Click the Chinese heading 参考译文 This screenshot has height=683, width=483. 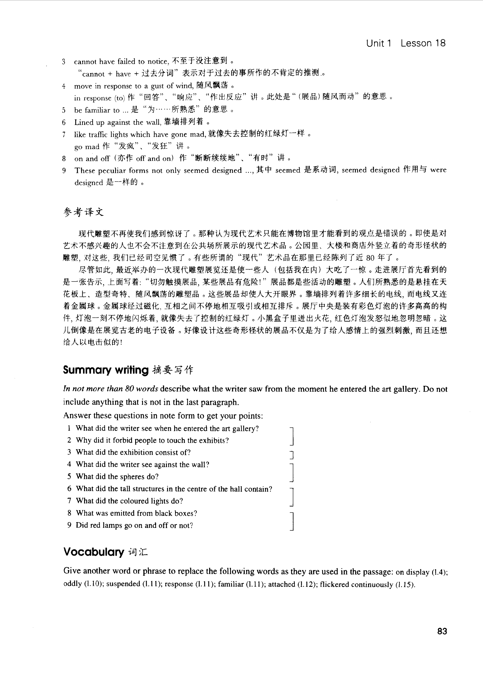click(x=83, y=212)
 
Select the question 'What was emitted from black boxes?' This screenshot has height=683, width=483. click(x=136, y=513)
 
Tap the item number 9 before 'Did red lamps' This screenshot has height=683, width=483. click(x=69, y=525)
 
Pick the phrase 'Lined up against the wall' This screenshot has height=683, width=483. click(x=117, y=122)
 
